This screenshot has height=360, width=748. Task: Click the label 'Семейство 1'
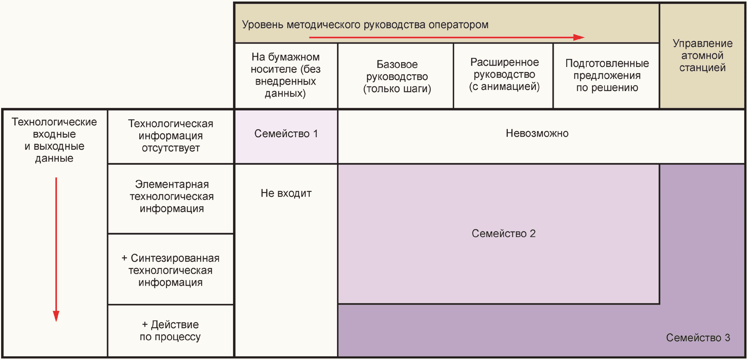click(286, 134)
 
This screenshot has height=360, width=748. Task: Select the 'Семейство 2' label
click(503, 234)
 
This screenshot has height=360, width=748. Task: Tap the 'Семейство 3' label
click(698, 338)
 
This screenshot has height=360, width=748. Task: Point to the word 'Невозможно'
click(537, 133)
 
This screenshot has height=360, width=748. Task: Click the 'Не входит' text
click(286, 193)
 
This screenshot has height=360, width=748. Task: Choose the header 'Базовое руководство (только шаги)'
click(397, 76)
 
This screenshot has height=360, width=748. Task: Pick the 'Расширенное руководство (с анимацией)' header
click(504, 74)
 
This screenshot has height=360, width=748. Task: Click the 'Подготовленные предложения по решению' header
click(607, 75)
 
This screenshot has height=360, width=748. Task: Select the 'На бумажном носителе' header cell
click(285, 75)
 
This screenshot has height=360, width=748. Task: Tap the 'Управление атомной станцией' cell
click(702, 55)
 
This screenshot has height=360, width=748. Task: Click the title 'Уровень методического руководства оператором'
click(365, 25)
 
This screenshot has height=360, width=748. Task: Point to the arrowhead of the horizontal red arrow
click(579, 37)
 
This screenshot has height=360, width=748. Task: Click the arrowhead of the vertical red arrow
click(56, 316)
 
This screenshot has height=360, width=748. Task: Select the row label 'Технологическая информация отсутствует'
click(170, 136)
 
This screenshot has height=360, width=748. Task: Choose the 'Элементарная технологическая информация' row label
click(172, 196)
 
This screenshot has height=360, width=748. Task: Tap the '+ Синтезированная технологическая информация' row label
click(170, 270)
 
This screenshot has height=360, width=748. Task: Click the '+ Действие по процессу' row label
click(170, 330)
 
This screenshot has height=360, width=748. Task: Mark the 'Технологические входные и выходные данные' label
click(54, 140)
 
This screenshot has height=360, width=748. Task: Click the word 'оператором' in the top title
click(458, 25)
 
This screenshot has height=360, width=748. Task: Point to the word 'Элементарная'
click(172, 184)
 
